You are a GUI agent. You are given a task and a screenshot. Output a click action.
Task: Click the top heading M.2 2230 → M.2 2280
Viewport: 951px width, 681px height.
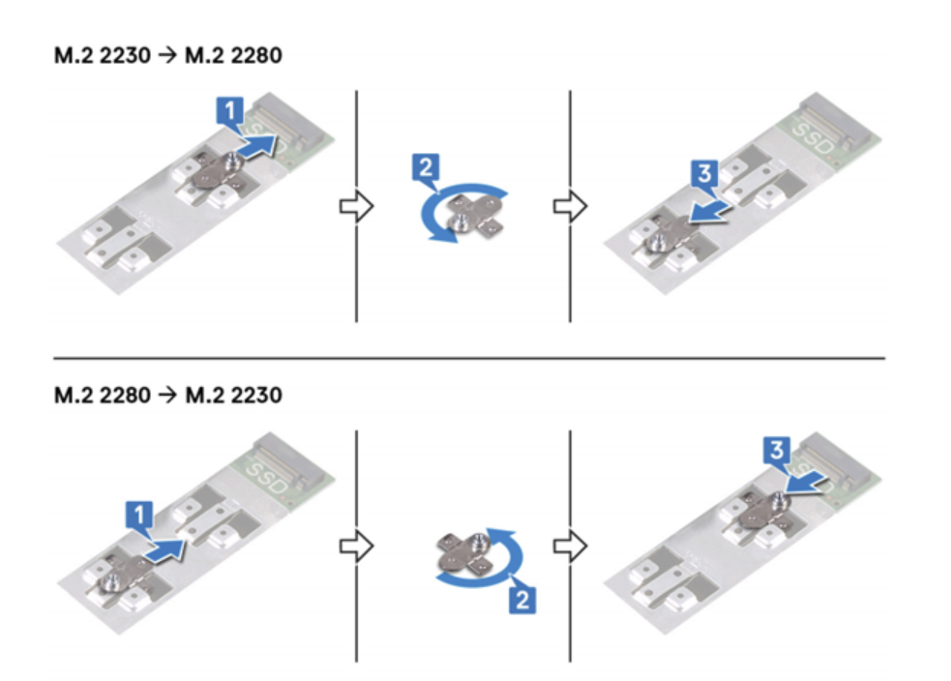coord(168,55)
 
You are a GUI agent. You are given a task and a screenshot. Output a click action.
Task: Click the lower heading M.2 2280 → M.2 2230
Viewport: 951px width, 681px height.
coord(168,396)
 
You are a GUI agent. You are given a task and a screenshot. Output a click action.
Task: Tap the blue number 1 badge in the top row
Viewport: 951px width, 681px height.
coord(230,111)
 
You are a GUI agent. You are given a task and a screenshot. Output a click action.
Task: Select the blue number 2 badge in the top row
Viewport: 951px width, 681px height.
coord(426,167)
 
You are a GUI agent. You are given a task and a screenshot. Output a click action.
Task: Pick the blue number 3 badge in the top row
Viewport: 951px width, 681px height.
coord(704,174)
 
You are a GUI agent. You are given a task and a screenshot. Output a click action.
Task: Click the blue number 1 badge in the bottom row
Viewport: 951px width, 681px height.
coord(139,515)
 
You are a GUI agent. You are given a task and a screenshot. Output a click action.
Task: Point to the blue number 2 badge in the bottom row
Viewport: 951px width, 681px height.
coord(522,600)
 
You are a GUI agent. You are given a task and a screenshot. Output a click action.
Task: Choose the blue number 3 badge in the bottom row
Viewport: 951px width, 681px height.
coord(776,451)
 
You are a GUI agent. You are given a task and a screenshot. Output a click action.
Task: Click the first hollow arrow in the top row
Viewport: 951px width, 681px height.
coord(357,206)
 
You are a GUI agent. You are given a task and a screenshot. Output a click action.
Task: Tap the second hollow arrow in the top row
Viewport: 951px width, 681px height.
coord(570,206)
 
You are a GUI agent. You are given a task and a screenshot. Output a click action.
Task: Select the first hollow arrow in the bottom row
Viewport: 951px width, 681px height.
coord(357,547)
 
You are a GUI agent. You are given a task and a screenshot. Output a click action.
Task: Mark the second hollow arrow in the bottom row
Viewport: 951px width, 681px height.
coord(570,547)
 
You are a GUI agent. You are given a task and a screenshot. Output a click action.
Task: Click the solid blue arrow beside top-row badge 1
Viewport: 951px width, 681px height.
coord(257,148)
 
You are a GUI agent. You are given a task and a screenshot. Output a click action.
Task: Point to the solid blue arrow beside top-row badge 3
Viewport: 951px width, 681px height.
coord(711,214)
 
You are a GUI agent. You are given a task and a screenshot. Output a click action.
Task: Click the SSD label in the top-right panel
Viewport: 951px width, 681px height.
coord(814,137)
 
